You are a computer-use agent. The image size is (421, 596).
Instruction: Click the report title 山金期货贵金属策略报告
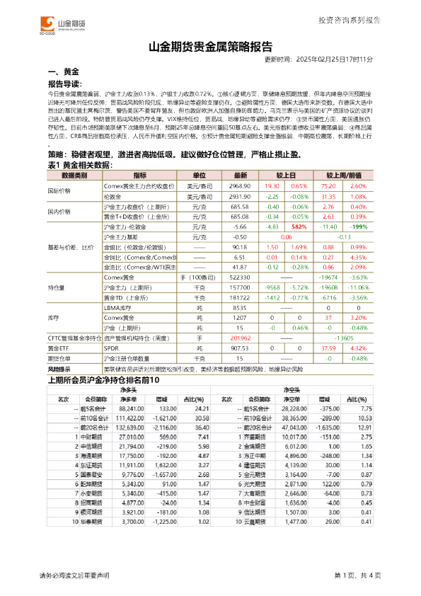[210, 48]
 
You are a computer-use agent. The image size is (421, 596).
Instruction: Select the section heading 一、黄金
[63, 72]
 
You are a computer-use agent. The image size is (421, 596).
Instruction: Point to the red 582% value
[299, 227]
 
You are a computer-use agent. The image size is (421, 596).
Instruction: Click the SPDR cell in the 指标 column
[111, 348]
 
